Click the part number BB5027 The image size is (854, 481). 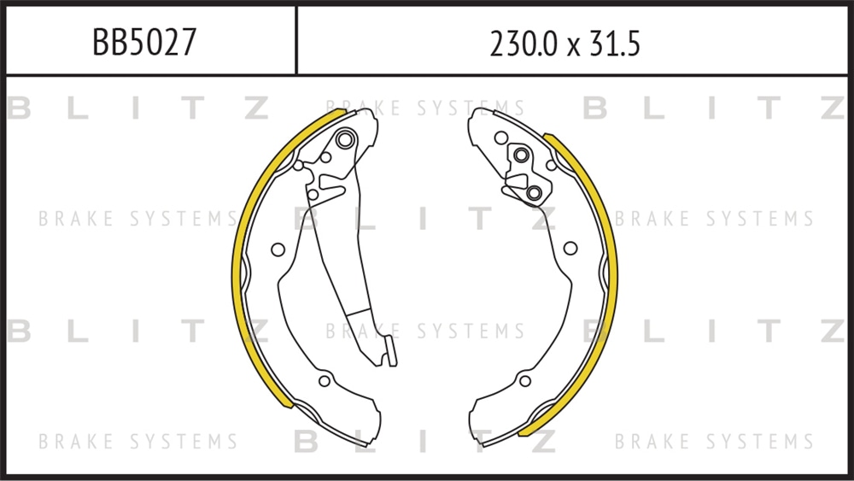(144, 42)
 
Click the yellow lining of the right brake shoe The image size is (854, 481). (611, 273)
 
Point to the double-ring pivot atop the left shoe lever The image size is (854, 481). (345, 139)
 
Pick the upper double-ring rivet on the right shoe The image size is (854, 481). (521, 155)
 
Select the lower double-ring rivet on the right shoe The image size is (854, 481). (534, 192)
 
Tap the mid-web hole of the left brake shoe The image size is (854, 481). (278, 249)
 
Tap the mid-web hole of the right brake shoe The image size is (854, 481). (570, 249)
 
